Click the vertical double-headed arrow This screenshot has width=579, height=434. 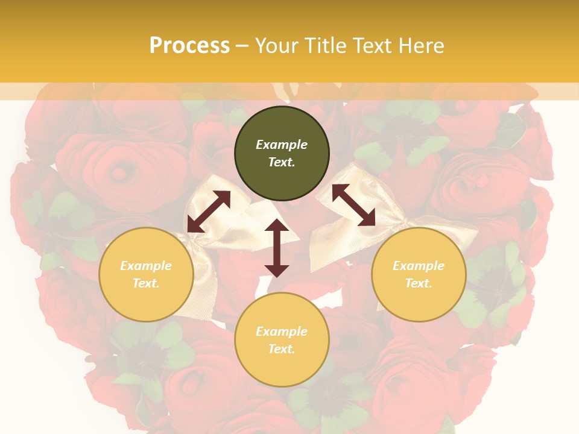click(x=277, y=248)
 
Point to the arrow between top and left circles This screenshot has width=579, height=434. click(x=209, y=212)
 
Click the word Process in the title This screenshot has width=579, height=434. click(x=189, y=45)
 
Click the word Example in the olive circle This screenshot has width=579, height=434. click(x=282, y=145)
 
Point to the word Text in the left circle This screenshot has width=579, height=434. click(x=145, y=283)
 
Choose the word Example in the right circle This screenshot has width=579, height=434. click(x=419, y=266)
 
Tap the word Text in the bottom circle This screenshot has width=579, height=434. click(x=281, y=349)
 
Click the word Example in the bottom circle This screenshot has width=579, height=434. click(x=282, y=332)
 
